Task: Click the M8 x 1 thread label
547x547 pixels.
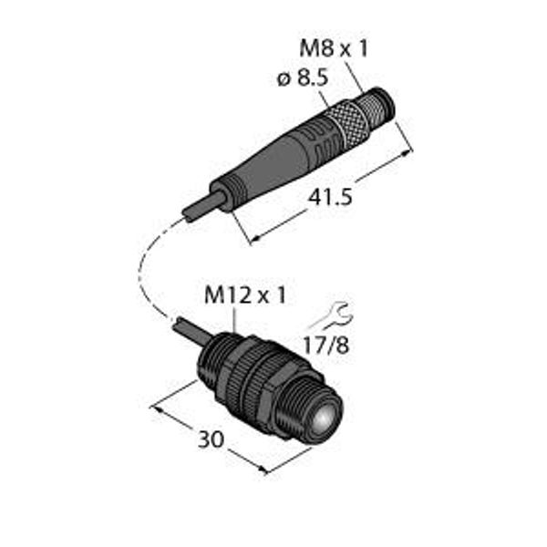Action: [334, 48]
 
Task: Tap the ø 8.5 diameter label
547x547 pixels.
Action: [303, 78]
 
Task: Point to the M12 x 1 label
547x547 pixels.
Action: [245, 295]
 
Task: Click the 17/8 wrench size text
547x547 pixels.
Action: [325, 346]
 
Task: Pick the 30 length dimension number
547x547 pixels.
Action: [211, 439]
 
